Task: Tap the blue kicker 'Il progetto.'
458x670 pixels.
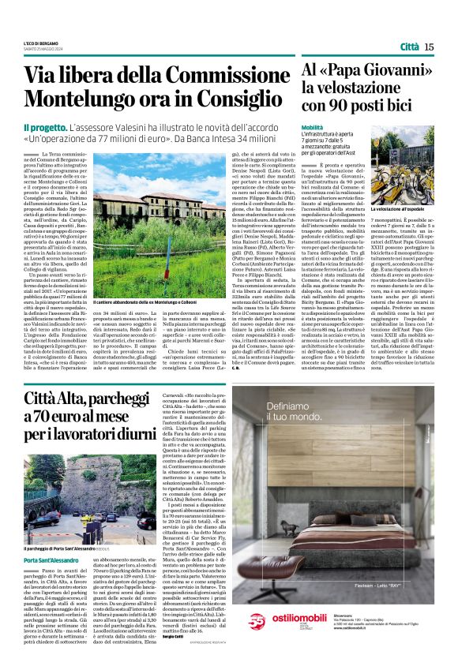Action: [x=44, y=128]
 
